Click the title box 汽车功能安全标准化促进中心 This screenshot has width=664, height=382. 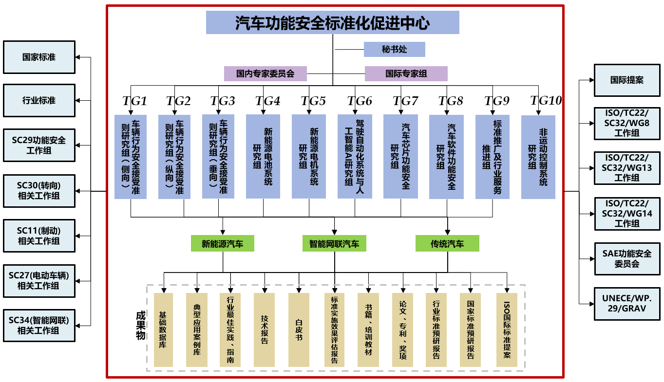(332, 23)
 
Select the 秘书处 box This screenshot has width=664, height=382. (394, 49)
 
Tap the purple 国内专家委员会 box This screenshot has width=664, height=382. (266, 73)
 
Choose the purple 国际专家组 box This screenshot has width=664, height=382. (406, 73)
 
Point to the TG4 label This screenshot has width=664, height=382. (267, 101)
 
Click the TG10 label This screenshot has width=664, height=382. (546, 101)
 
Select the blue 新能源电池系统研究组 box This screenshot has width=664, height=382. (263, 156)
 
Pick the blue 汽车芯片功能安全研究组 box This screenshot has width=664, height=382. (400, 156)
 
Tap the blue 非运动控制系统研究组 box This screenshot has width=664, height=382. (538, 157)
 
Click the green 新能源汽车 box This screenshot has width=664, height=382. (223, 243)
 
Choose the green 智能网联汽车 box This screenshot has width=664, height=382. (334, 243)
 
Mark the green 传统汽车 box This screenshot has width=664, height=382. (447, 243)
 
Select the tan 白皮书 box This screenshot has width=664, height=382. (299, 329)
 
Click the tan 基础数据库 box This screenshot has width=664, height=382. (163, 329)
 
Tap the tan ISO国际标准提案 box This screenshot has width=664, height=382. (507, 329)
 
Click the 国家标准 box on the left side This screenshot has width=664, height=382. (39, 57)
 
